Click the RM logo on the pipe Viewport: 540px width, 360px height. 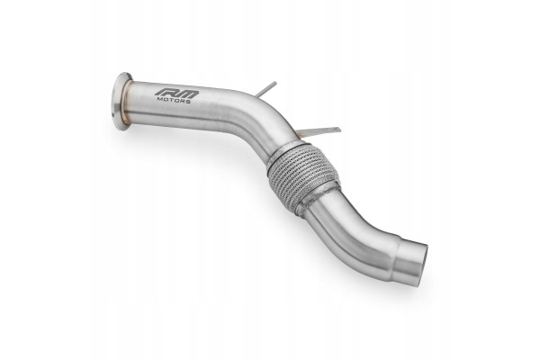click(x=176, y=94)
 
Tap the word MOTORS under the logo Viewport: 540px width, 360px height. click(x=174, y=101)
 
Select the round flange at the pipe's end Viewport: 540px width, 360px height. click(x=121, y=101)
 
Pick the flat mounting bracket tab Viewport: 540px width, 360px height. click(x=319, y=131)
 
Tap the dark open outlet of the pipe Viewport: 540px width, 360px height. click(x=424, y=265)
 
